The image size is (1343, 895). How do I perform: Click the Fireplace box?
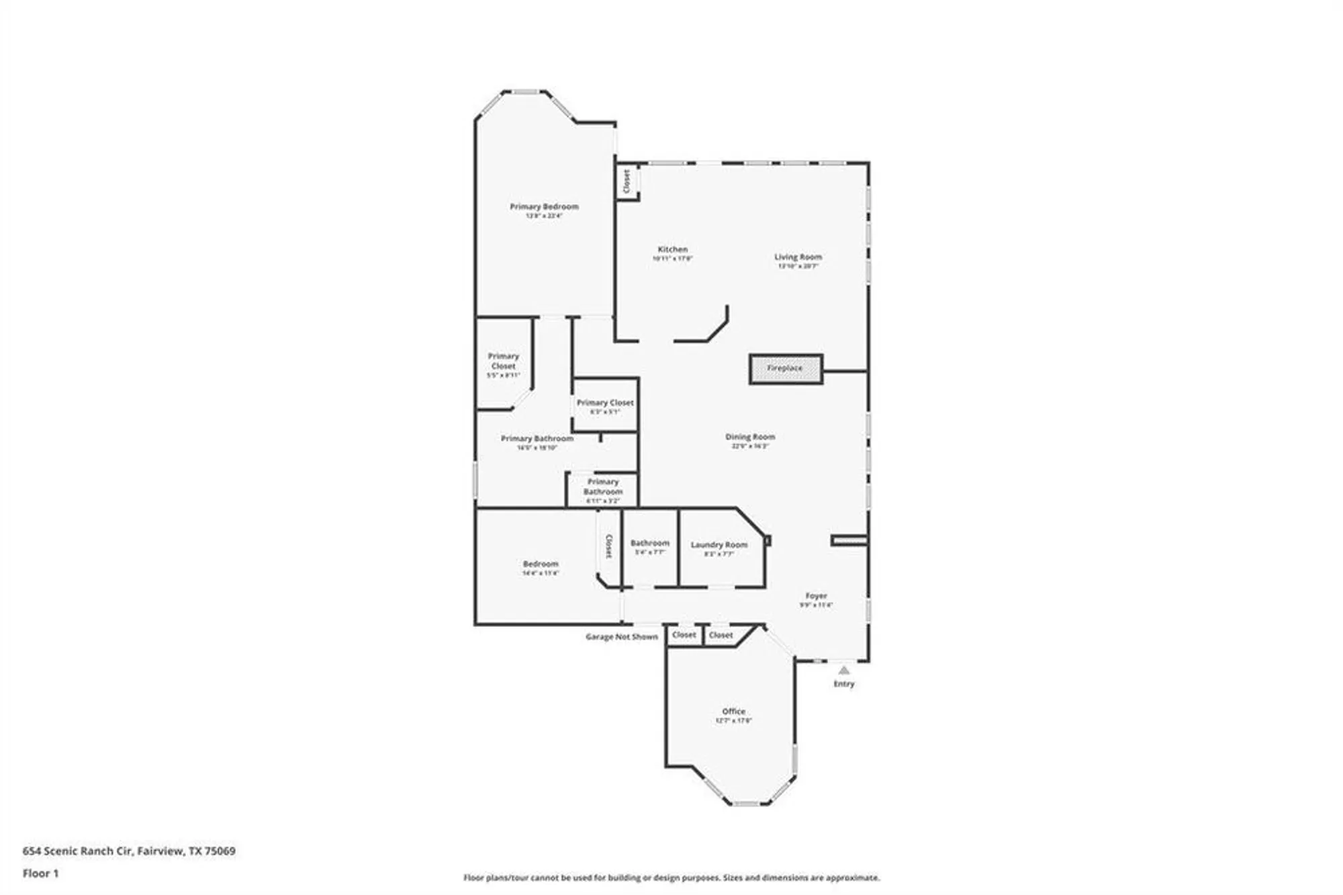click(786, 369)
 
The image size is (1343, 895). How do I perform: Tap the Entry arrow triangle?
click(844, 670)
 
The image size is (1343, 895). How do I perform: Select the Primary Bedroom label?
click(544, 207)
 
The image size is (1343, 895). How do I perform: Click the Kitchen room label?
click(672, 249)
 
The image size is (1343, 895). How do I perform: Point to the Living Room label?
click(798, 257)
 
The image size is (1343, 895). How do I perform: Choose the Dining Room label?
click(750, 437)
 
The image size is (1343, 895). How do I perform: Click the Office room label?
click(733, 711)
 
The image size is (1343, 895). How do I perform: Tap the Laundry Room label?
click(719, 545)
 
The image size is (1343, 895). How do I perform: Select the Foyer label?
click(816, 596)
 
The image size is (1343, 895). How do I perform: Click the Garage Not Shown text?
click(621, 636)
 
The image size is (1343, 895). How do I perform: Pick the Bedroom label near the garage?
click(541, 564)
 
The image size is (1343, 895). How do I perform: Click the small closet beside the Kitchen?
click(627, 181)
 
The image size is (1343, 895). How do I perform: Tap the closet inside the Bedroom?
click(608, 546)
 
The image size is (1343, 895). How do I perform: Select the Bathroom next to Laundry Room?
click(649, 543)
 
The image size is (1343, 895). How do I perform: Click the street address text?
click(129, 851)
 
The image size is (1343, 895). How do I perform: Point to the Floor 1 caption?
click(40, 873)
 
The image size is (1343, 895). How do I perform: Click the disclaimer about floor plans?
click(671, 878)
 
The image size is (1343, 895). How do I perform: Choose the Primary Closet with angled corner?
click(504, 361)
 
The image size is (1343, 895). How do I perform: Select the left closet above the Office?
click(684, 635)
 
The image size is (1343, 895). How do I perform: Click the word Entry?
click(844, 684)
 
